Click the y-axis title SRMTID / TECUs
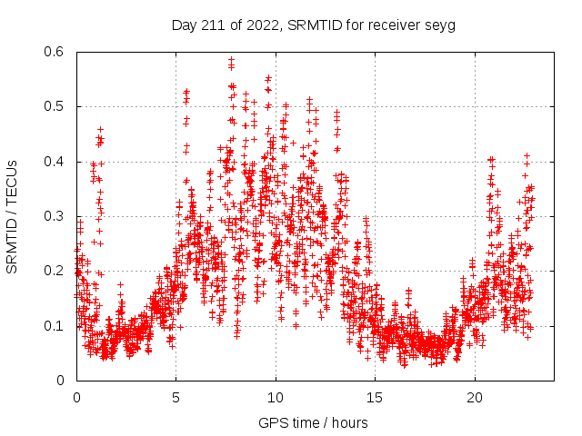click(x=12, y=216)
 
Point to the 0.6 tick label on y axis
click(x=56, y=53)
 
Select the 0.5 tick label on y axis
click(x=56, y=107)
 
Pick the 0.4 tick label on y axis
click(x=56, y=162)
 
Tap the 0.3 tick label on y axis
click(x=56, y=216)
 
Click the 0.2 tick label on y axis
click(x=56, y=271)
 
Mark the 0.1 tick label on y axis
click(x=56, y=325)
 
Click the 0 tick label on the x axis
click(x=76, y=398)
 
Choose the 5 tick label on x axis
click(x=176, y=398)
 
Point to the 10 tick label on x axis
click(x=276, y=398)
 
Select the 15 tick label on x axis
click(x=375, y=398)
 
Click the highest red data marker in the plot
click(x=231, y=59)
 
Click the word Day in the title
click(x=185, y=25)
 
